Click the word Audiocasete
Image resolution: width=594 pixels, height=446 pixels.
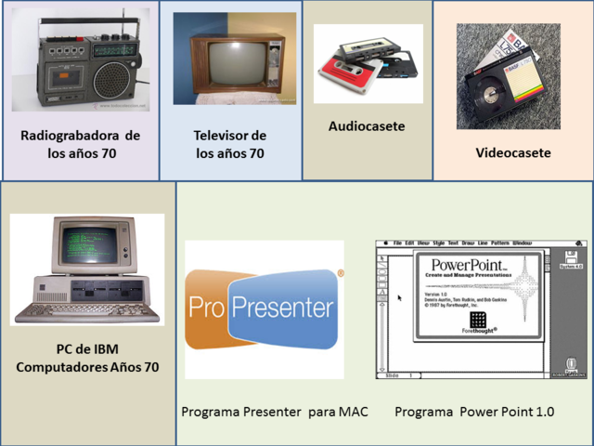tap(367, 126)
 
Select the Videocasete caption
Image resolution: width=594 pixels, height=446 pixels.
tap(513, 153)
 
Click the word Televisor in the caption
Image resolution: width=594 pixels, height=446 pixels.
tap(216, 135)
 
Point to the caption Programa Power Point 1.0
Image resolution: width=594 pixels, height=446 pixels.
tap(474, 411)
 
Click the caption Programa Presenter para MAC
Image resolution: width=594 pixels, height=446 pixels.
tap(274, 411)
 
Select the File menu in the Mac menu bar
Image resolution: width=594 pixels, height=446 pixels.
tap(396, 243)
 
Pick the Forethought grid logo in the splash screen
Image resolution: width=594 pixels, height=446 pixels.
tap(477, 319)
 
